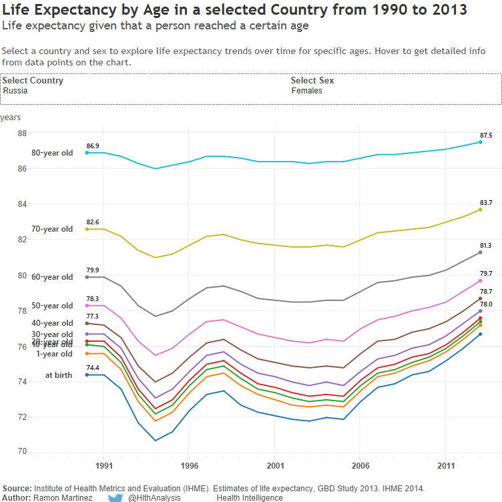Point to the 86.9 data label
(x=92, y=146)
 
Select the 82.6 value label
(x=92, y=222)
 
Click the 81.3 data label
(x=485, y=246)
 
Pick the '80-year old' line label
(x=52, y=153)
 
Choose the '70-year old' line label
(x=52, y=229)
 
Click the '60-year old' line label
(x=52, y=277)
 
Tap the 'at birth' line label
(x=59, y=375)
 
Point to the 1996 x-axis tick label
(x=189, y=466)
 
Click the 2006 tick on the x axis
(x=360, y=466)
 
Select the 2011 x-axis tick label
(x=446, y=466)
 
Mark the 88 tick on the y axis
(x=22, y=134)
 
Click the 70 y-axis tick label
(x=22, y=452)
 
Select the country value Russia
(x=15, y=91)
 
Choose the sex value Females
(x=307, y=91)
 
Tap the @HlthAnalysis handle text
(x=154, y=498)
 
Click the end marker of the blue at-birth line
(x=481, y=334)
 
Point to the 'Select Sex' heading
(x=312, y=81)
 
